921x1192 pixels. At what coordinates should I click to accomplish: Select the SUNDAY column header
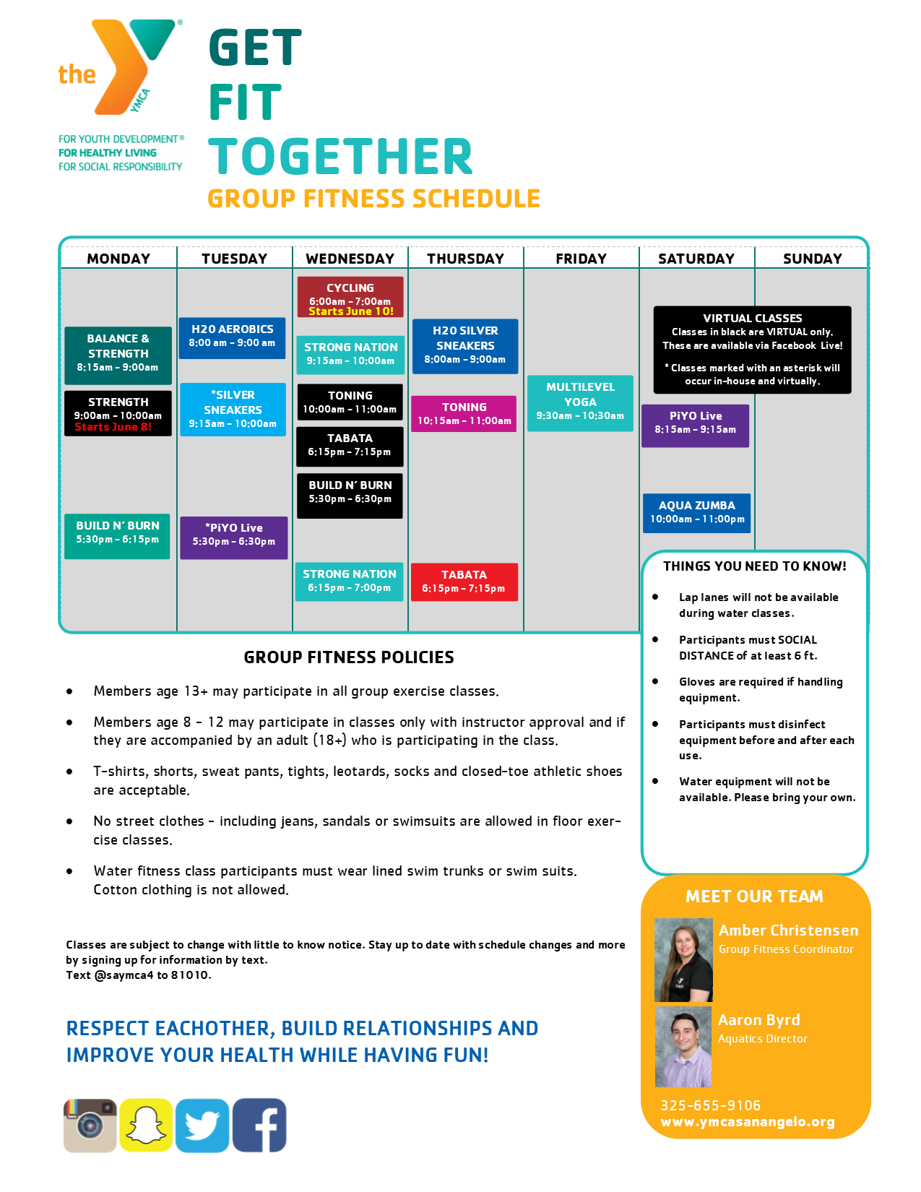point(812,259)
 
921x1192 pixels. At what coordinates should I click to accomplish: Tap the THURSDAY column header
point(465,259)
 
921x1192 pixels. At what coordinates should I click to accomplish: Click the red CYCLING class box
point(350,297)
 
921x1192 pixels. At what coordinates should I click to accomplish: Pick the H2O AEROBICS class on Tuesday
point(232,338)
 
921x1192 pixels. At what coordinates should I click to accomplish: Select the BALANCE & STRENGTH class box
point(118,355)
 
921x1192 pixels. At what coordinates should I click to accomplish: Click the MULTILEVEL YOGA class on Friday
point(580,403)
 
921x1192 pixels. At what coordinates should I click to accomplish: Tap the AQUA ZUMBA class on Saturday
point(696,513)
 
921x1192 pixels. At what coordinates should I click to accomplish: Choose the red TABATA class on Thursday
point(464,582)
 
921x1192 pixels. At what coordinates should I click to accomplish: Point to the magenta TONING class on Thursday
point(464,414)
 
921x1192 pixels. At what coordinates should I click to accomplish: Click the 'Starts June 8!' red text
point(113,427)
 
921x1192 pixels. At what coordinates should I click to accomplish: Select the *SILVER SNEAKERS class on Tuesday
point(233,409)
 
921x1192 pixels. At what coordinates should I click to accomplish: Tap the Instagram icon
point(90,1126)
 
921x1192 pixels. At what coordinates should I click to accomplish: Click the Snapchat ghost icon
point(146,1125)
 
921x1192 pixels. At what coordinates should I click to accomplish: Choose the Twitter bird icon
point(202,1126)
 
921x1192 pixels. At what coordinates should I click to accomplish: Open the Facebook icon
point(259,1125)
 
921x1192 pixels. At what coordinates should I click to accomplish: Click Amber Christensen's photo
point(683,960)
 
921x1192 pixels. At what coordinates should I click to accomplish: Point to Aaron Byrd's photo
point(683,1047)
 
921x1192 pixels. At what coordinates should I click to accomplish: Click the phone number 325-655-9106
point(710,1105)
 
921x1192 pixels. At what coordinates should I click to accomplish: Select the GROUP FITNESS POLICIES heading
point(349,657)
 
